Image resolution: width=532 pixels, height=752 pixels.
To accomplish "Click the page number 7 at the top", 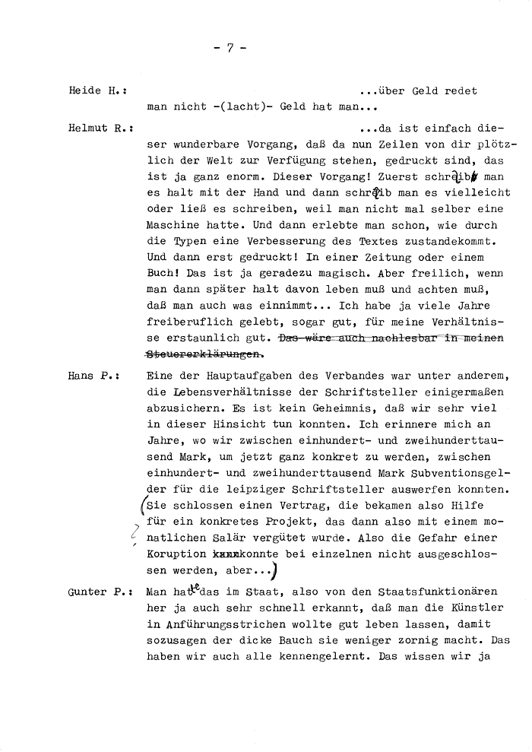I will click(x=230, y=48).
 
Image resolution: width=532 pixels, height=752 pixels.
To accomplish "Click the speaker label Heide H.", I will click(x=97, y=90).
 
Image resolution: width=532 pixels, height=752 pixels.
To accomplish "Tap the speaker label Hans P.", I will click(x=97, y=376).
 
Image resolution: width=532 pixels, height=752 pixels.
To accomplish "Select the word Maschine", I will click(x=174, y=226).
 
